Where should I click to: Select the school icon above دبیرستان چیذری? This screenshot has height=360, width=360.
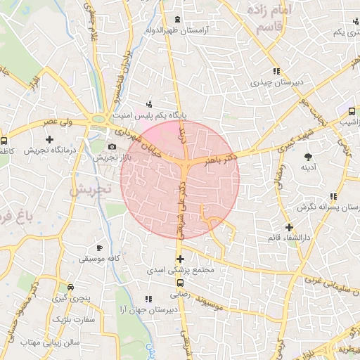pos(277,71)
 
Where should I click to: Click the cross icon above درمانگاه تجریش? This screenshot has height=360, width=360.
pos(49,139)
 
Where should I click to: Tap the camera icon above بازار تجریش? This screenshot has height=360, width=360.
pos(112,146)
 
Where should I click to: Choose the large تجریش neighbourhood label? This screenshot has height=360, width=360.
pos(91,189)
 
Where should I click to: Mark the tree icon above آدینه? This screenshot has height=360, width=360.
pos(308,156)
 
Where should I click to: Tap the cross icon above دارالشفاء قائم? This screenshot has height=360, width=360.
pos(289,226)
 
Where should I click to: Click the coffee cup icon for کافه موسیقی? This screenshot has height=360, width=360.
pos(99,248)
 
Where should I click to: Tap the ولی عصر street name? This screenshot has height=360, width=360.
pos(59,123)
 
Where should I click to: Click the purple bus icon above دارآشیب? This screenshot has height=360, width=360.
pos(351,110)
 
